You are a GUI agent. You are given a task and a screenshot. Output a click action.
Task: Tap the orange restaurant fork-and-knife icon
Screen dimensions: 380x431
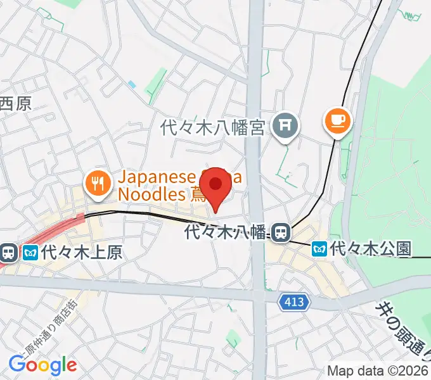[x=96, y=184]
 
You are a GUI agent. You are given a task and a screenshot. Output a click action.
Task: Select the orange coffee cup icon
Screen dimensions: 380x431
[x=338, y=120]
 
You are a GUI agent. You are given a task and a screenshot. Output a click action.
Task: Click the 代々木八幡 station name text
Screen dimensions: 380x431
[x=226, y=232]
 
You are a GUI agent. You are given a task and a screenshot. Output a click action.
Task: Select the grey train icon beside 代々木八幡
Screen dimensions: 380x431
[x=280, y=231]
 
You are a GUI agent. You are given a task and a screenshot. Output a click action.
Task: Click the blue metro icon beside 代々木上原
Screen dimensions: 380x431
[x=30, y=253]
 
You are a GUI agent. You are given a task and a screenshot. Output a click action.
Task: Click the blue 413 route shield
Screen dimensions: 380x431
[x=293, y=303]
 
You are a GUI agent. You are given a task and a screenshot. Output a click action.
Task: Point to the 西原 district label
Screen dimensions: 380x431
[x=15, y=103]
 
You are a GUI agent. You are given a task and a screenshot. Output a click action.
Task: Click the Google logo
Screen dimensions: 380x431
[x=42, y=364]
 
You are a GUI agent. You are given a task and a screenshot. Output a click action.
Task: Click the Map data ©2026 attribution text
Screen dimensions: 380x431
[x=378, y=370]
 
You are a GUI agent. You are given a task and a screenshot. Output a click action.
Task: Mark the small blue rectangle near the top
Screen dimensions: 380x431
[x=131, y=84]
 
